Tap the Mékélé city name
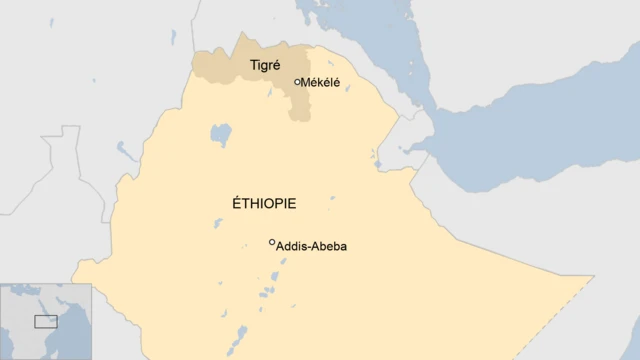tap(320, 82)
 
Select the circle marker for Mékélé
tap(297, 82)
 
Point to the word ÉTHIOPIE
tap(263, 203)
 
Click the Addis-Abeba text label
tap(312, 246)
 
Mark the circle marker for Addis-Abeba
tap(272, 242)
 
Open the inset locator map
tap(45, 321)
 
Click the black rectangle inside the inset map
tap(46, 321)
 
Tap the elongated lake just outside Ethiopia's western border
tap(125, 151)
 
